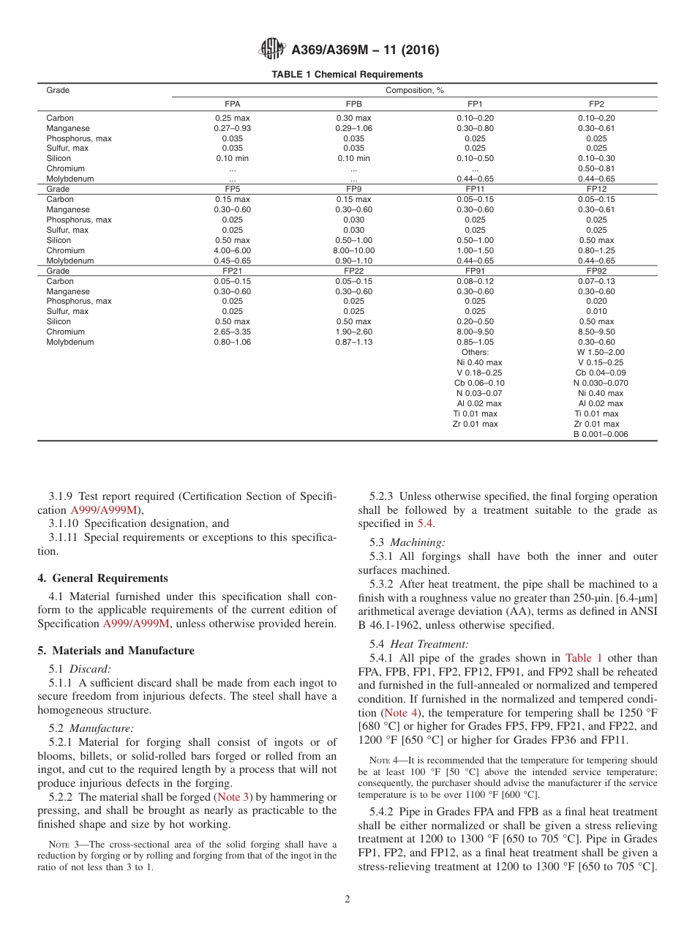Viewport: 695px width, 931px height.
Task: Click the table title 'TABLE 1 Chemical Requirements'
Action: coord(347,75)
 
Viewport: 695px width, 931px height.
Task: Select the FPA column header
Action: coord(232,105)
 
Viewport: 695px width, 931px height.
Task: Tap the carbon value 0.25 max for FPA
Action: coord(232,118)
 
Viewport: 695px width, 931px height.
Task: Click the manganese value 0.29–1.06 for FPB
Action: coord(353,128)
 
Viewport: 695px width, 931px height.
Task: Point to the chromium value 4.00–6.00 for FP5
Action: coord(232,250)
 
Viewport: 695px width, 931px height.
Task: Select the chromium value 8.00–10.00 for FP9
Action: coord(353,250)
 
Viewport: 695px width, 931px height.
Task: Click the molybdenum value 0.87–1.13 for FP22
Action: coord(353,342)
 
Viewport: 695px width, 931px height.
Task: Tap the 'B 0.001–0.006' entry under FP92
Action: coord(600,434)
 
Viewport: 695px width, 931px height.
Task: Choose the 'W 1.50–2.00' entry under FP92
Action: coord(600,352)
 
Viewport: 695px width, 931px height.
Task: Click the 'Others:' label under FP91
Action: coord(475,352)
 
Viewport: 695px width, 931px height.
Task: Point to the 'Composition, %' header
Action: coord(415,90)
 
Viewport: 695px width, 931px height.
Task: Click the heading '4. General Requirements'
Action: coord(102,578)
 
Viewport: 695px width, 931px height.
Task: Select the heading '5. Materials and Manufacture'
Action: coord(116,651)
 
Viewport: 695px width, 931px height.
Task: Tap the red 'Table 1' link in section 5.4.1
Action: coord(584,658)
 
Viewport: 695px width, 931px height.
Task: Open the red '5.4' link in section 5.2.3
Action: coord(424,523)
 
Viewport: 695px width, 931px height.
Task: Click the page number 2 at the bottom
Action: coord(347,900)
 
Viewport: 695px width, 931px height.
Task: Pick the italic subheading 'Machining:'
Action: coord(420,542)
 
